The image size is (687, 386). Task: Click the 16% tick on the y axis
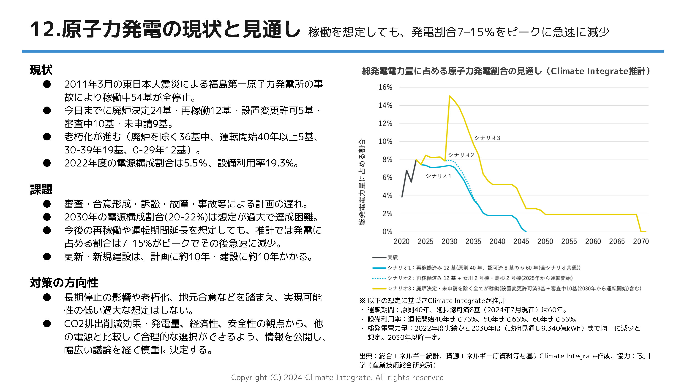[x=385, y=87]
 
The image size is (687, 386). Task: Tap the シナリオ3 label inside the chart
[x=487, y=138]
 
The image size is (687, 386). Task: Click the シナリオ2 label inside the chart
[x=461, y=155]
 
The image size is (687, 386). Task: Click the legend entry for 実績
[x=392, y=257]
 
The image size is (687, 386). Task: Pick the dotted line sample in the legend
[x=379, y=278]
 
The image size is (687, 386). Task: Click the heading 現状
[x=41, y=70]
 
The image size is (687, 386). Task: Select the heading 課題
[x=41, y=190]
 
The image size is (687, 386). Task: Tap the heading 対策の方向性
[x=64, y=283]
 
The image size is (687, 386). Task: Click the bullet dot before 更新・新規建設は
[x=47, y=257]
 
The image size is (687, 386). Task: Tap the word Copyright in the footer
[x=249, y=378]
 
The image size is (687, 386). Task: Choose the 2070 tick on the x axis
[x=641, y=241]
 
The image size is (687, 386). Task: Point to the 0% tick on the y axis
[x=387, y=232]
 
